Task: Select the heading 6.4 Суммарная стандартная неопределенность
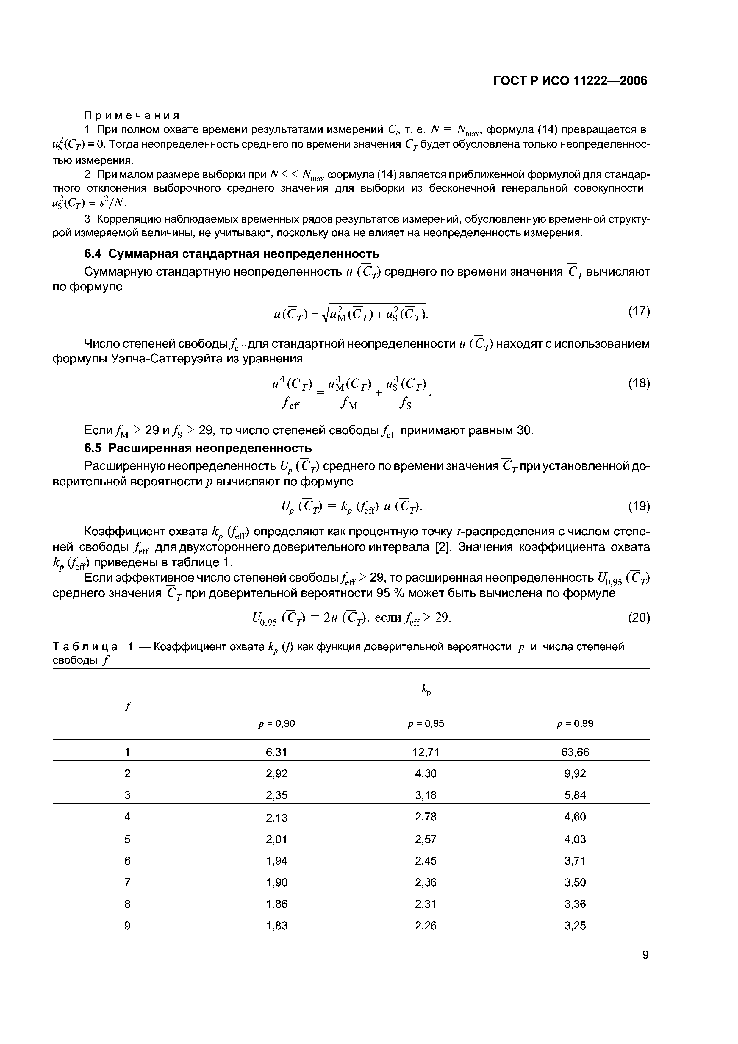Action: tap(232, 253)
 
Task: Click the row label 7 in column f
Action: tap(127, 882)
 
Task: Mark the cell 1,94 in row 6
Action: tap(276, 861)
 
